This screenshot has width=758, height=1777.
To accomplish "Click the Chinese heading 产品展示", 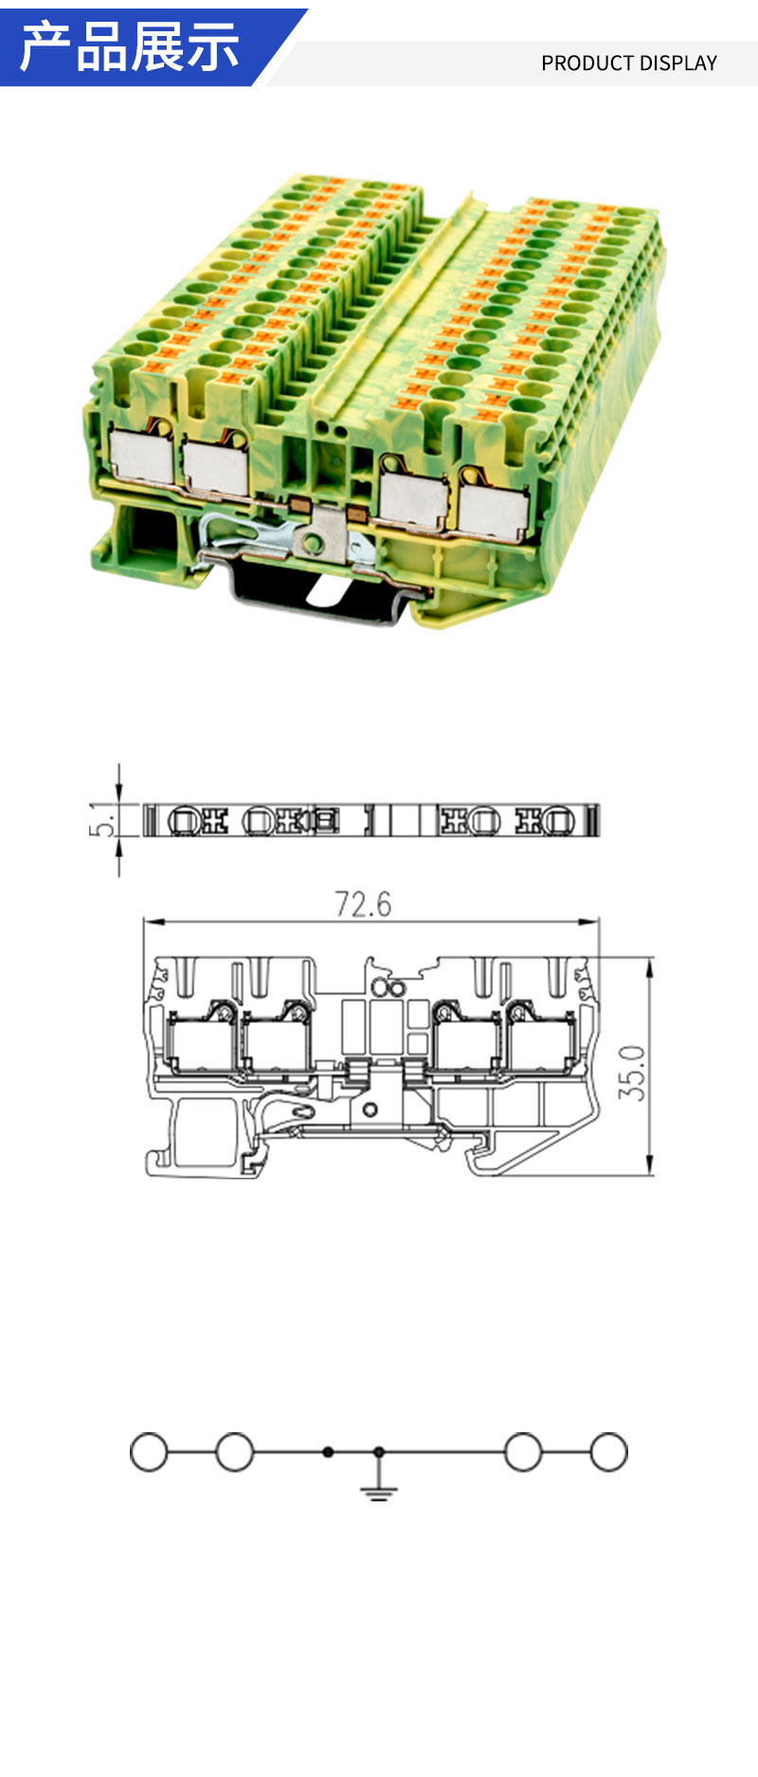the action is coord(130,47).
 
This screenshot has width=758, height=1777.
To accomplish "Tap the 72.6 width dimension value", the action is coord(363,904).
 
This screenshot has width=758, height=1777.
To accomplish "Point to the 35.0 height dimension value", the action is coord(632,1072).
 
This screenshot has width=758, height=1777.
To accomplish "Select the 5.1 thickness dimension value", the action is coord(103,819).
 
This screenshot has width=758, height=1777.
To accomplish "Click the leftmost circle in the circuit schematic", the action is coord(149,1452).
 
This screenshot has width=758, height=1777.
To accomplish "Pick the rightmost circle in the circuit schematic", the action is coord(608,1452).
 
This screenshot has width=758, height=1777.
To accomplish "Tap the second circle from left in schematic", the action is coord(235,1452).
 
